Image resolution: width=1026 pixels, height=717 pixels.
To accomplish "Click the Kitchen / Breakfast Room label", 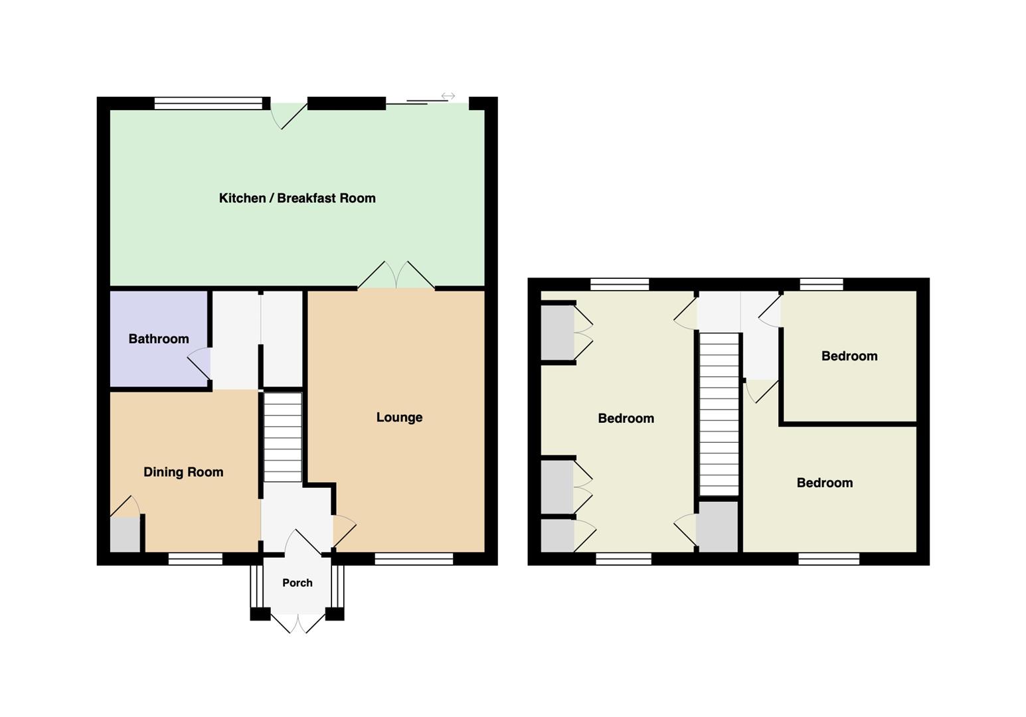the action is click(x=298, y=199).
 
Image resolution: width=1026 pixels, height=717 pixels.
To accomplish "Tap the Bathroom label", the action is click(x=159, y=339).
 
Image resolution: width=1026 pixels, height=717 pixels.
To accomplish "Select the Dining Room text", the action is click(x=183, y=472).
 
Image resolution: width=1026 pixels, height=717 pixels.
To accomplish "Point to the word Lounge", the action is click(x=399, y=418).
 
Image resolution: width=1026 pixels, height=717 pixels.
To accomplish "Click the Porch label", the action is click(x=298, y=583).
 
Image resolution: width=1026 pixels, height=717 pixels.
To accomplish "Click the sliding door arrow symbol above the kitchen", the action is click(x=448, y=96).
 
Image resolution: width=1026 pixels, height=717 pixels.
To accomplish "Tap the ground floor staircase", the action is click(x=283, y=438).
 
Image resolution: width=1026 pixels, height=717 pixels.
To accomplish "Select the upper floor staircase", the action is click(x=719, y=414).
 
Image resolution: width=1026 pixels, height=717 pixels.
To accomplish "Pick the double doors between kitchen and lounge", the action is click(x=396, y=275).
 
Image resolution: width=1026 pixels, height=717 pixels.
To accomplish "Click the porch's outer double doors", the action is click(x=298, y=623).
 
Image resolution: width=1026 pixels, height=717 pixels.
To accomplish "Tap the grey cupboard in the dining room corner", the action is click(x=125, y=535).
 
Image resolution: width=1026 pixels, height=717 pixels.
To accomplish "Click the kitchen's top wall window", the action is click(x=209, y=104).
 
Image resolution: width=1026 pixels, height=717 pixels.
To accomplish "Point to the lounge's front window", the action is click(x=414, y=558).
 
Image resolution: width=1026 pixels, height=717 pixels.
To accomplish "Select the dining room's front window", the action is click(x=195, y=558).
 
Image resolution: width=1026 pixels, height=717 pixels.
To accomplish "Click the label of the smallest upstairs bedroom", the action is click(x=849, y=357).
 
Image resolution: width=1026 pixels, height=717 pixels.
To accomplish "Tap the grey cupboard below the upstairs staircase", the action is click(x=717, y=526).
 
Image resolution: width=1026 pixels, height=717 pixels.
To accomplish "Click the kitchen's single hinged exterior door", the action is click(x=289, y=116).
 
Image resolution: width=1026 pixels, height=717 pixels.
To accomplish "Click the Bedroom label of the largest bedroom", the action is click(x=626, y=418).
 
